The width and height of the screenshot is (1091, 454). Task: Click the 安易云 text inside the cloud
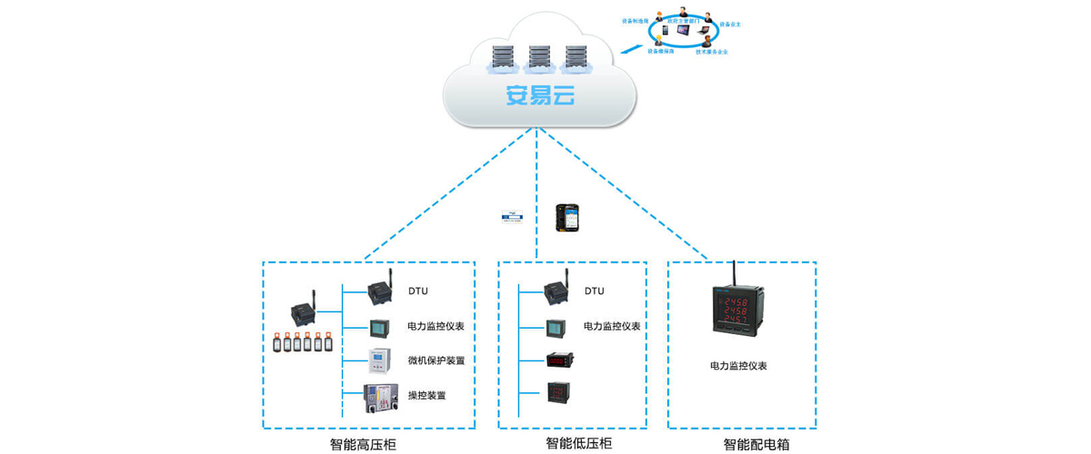(539, 94)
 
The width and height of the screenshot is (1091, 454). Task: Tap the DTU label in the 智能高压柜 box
(417, 291)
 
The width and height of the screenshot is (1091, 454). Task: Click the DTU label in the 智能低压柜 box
(594, 291)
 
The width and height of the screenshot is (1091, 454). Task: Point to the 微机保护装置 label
(436, 360)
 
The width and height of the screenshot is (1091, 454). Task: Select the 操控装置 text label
(426, 396)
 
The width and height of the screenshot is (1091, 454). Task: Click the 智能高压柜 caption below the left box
(363, 444)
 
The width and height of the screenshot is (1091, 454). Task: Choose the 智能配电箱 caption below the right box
(756, 444)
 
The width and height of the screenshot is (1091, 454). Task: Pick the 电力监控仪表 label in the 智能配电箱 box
(738, 366)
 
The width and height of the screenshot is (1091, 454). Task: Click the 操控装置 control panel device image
(381, 399)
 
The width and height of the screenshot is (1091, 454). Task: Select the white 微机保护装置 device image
(379, 361)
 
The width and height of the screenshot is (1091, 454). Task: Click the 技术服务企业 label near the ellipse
(711, 53)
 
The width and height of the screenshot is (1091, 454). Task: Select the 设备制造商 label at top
(636, 21)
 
